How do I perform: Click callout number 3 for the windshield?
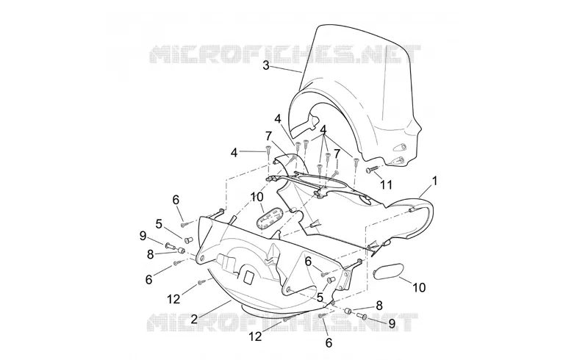(x=266, y=65)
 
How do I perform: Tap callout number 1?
(x=434, y=181)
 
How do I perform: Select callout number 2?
(x=194, y=320)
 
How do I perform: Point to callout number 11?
(x=386, y=184)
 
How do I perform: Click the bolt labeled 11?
(x=370, y=170)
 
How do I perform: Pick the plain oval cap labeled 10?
(x=389, y=271)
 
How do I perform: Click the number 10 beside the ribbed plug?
(x=257, y=197)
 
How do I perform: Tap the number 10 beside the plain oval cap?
(x=419, y=287)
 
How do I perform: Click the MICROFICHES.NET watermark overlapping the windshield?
(x=285, y=54)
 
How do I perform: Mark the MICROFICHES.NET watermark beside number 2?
(x=282, y=323)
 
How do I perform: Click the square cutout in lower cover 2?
(x=249, y=277)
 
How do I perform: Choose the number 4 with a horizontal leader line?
(x=234, y=153)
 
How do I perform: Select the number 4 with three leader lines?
(x=323, y=129)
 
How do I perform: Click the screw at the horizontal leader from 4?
(x=268, y=150)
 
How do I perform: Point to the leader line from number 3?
(x=287, y=69)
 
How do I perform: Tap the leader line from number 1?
(x=426, y=191)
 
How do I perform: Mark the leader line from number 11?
(x=378, y=176)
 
